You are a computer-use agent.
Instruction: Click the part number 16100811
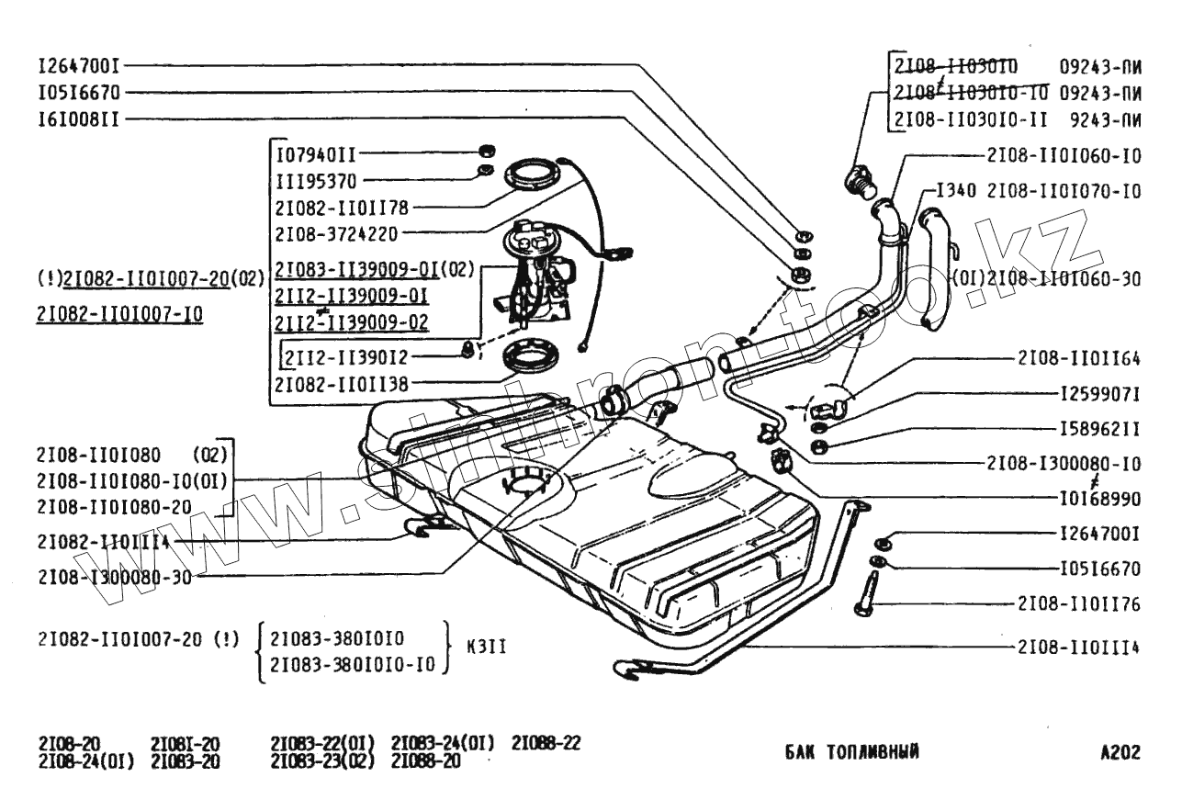(x=77, y=118)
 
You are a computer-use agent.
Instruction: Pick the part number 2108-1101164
(x=1078, y=357)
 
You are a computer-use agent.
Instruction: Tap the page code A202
(x=1120, y=753)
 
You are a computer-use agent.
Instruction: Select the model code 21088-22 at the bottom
(x=546, y=742)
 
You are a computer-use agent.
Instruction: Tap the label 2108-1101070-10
(x=1064, y=192)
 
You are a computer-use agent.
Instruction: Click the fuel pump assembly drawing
(x=537, y=276)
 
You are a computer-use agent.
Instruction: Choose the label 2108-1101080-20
(x=114, y=505)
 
